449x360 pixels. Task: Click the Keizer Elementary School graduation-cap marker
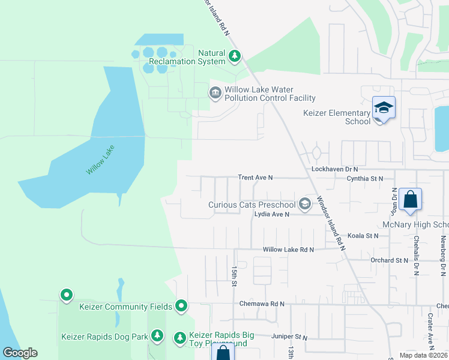pyautogui.click(x=384, y=109)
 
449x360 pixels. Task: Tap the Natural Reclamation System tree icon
pyautogui.click(x=235, y=58)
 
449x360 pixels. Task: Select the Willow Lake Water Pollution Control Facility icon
pyautogui.click(x=215, y=93)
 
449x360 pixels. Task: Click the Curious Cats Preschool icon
pyautogui.click(x=305, y=205)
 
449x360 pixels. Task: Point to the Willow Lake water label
pyautogui.click(x=100, y=160)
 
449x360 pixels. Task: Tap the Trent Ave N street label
pyautogui.click(x=255, y=178)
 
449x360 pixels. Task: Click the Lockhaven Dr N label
pyautogui.click(x=334, y=170)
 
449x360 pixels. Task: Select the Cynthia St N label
pyautogui.click(x=364, y=179)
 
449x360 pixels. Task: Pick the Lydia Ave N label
pyautogui.click(x=271, y=214)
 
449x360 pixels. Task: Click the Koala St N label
pyautogui.click(x=363, y=236)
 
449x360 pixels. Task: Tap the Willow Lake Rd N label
pyautogui.click(x=288, y=250)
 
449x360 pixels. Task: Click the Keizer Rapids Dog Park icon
pyautogui.click(x=157, y=336)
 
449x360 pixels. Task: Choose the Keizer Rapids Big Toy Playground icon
pyautogui.click(x=179, y=339)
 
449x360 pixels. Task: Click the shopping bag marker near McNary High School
pyautogui.click(x=410, y=200)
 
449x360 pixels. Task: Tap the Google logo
pyautogui.click(x=20, y=353)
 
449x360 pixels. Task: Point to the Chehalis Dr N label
pyautogui.click(x=415, y=255)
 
